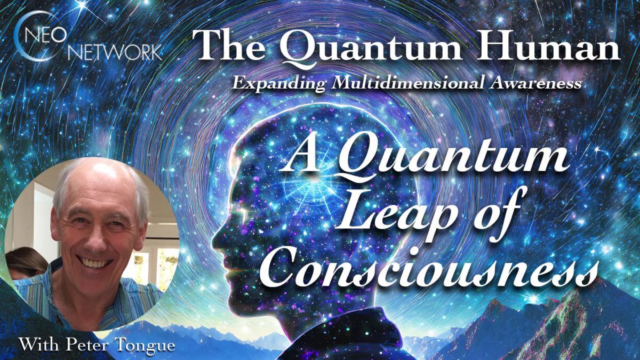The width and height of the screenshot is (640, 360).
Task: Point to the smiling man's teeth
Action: pyautogui.click(x=94, y=263)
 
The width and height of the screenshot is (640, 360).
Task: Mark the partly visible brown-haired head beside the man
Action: pyautogui.click(x=24, y=262)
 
